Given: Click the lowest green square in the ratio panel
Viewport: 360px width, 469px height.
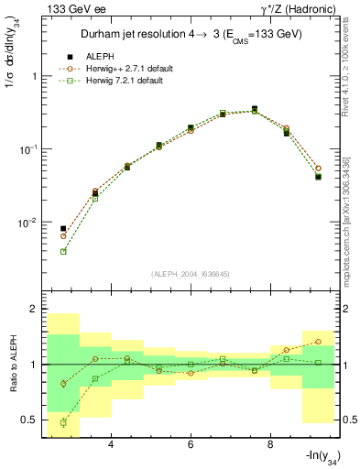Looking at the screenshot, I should coord(63,422).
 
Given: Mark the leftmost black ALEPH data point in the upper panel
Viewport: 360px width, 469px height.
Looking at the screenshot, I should coord(63,229).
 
